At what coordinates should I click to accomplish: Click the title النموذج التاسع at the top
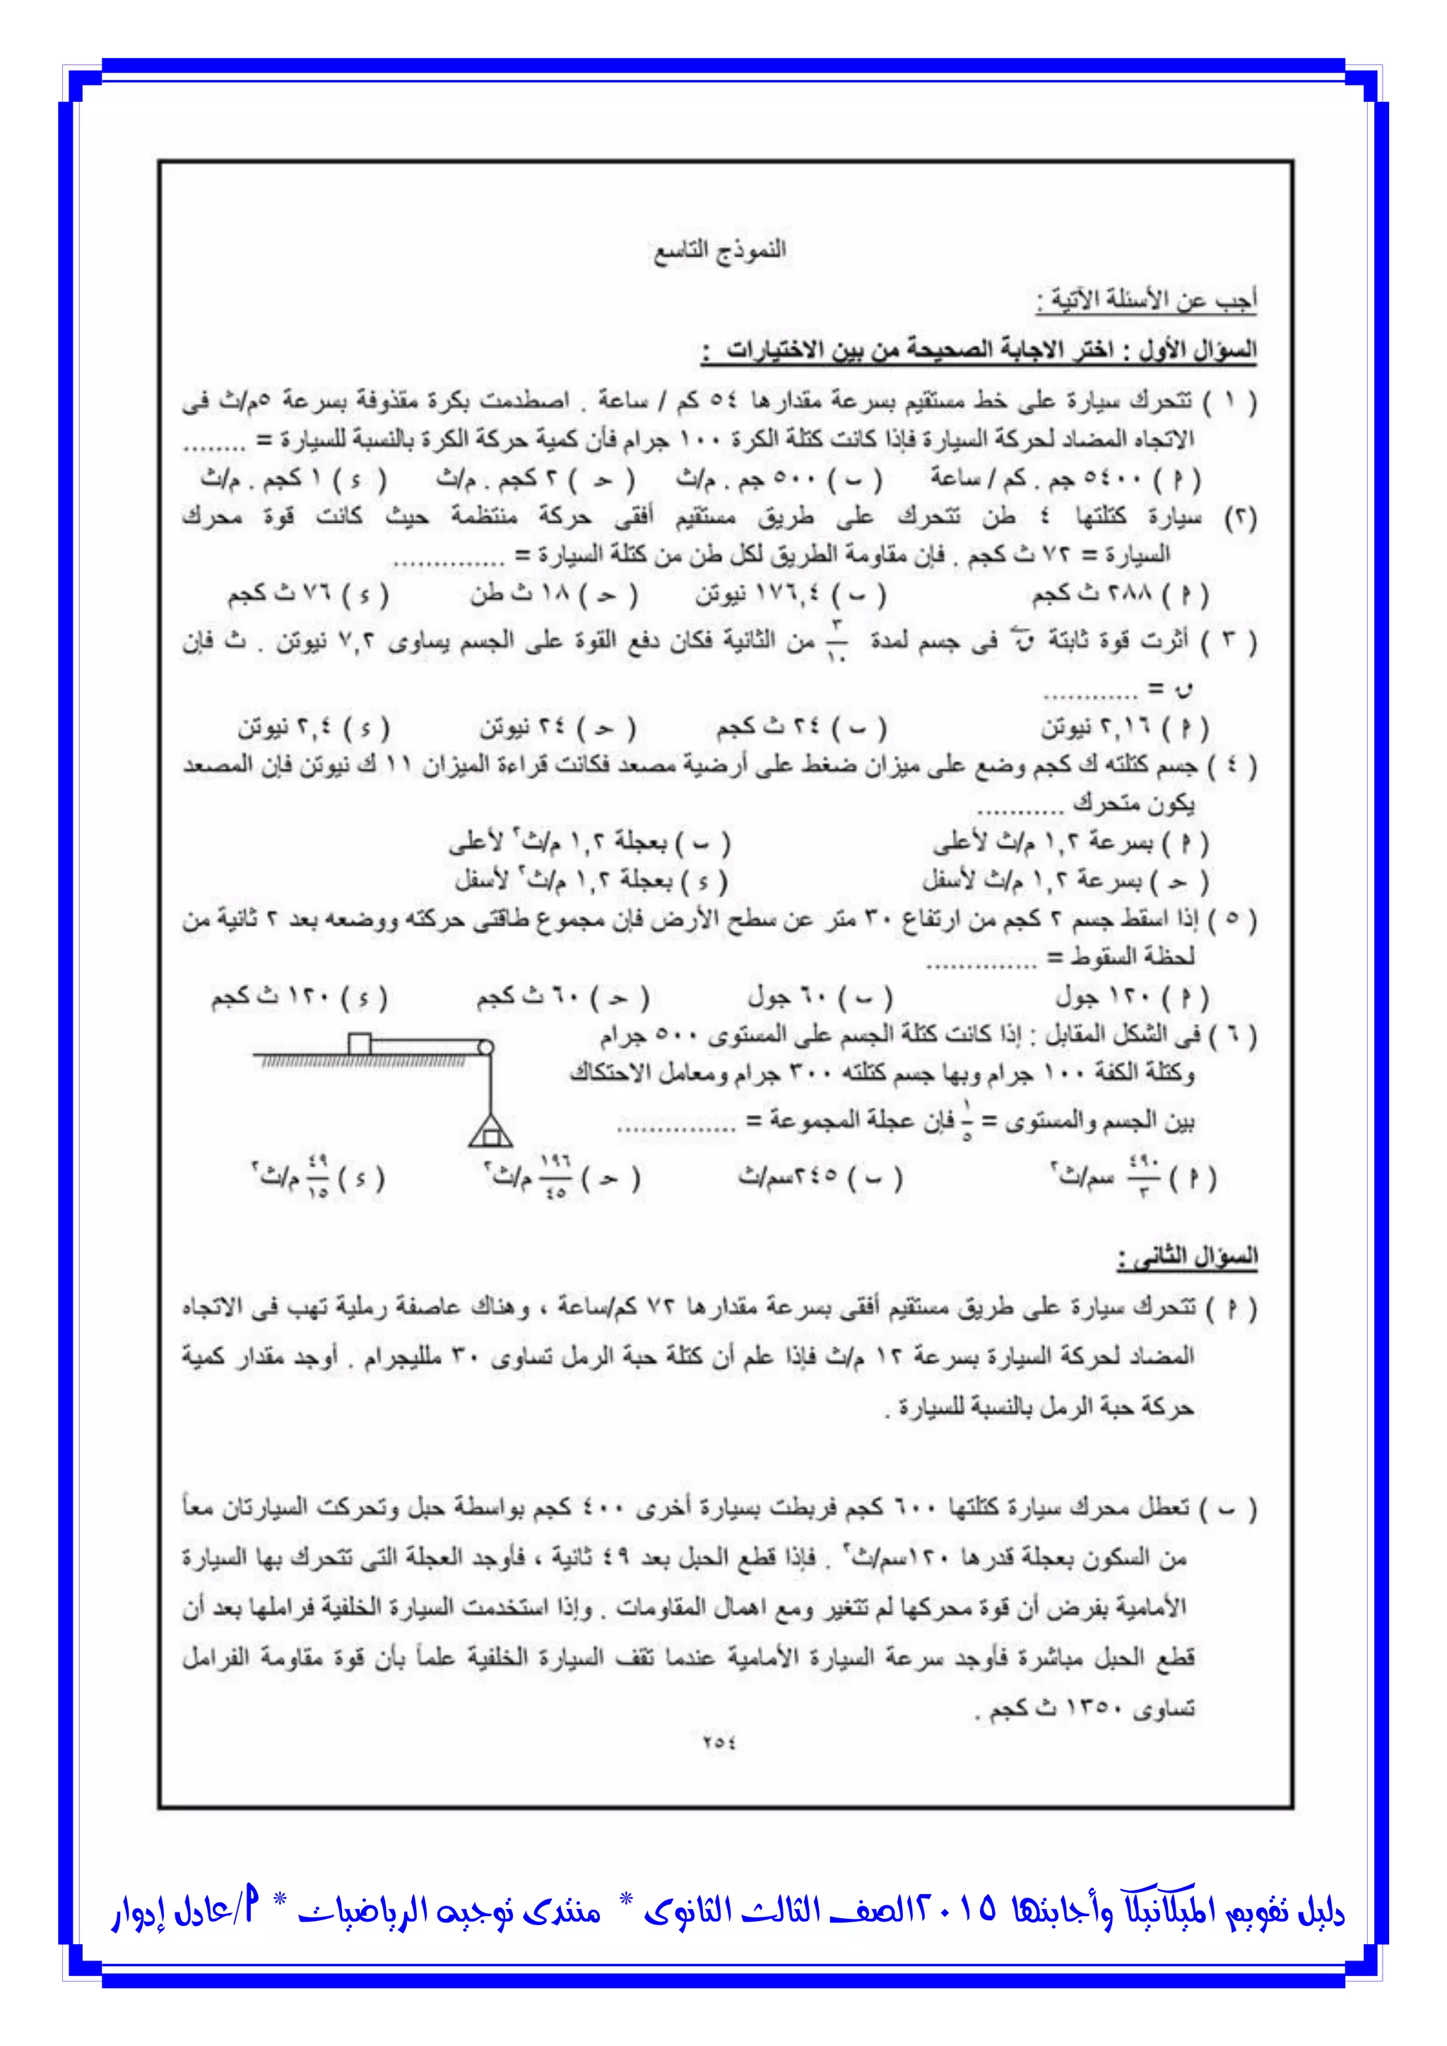(x=720, y=252)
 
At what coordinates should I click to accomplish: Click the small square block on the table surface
(x=359, y=1043)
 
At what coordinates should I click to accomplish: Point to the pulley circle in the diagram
(x=485, y=1048)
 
